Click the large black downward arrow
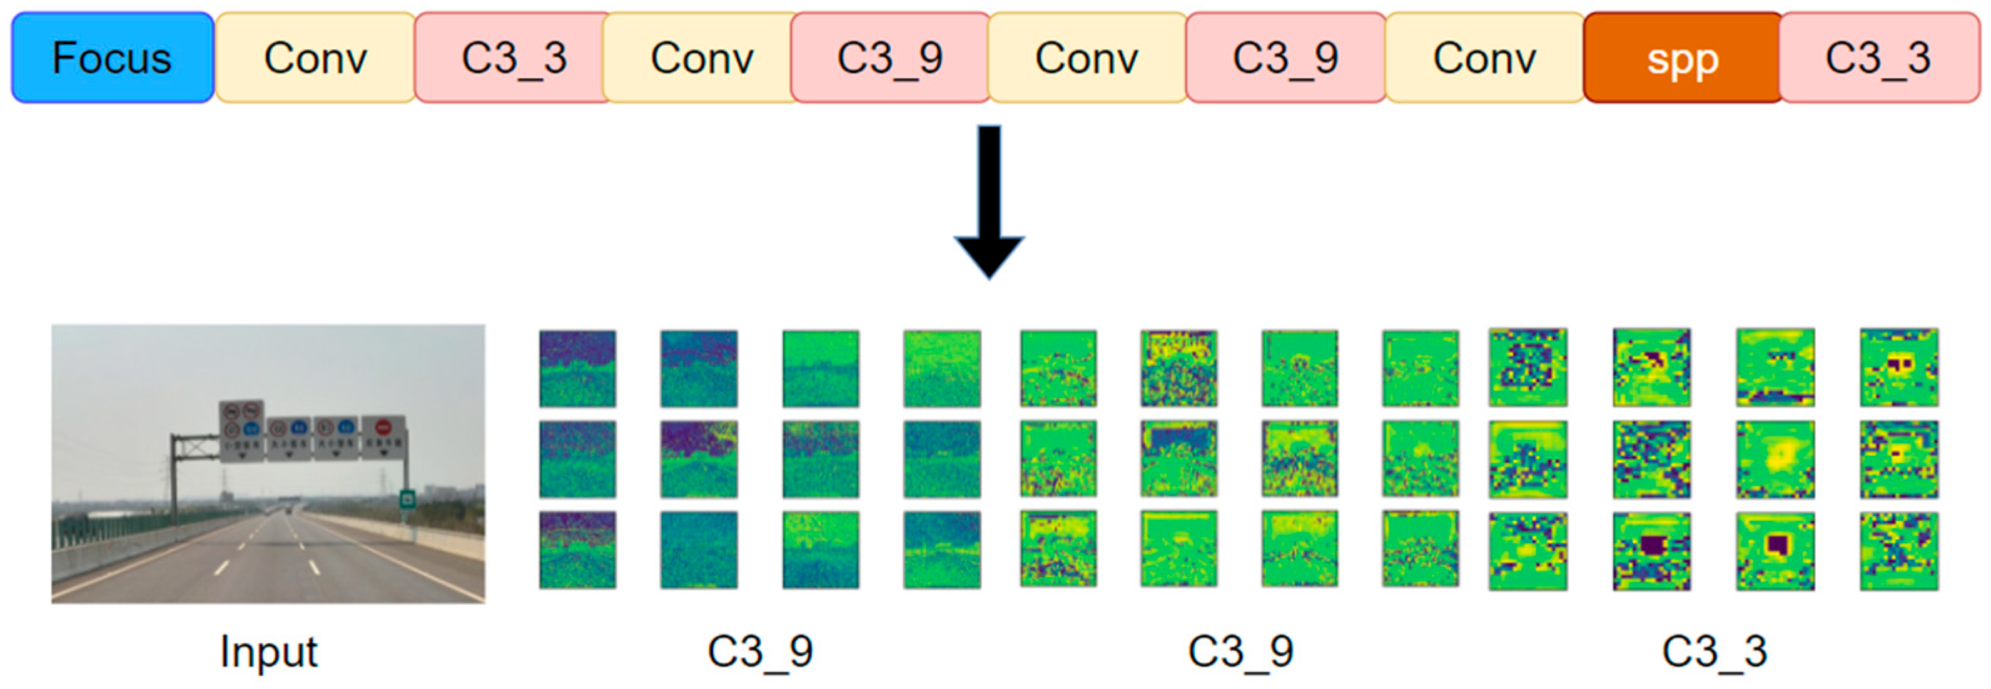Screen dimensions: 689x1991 990,201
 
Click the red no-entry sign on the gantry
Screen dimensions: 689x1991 383,427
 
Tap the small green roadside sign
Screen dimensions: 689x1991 407,499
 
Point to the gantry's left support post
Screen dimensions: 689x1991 174,486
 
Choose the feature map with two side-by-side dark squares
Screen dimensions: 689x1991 1898,367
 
